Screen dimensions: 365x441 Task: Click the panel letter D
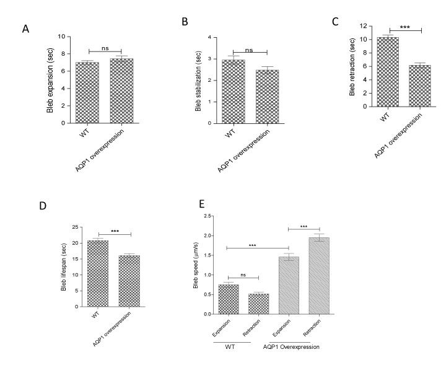pyautogui.click(x=25, y=206)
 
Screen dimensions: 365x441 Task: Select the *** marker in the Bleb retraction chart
pyautogui.click(x=405, y=27)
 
